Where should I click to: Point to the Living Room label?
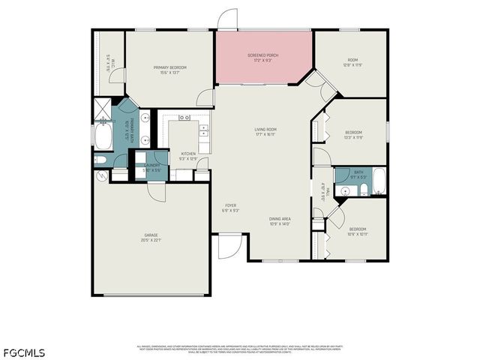tap(265, 132)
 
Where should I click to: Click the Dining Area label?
tap(280, 221)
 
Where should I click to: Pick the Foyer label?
tap(231, 208)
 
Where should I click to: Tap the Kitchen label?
tap(188, 156)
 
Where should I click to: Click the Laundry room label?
tap(151, 168)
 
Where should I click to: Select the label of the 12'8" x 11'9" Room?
tap(352, 62)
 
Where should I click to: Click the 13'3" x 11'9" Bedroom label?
tap(353, 135)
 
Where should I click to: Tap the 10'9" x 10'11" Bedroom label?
tap(357, 232)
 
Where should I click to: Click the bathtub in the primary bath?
tap(103, 137)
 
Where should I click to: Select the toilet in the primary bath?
tap(100, 160)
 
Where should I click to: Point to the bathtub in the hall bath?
tap(379, 181)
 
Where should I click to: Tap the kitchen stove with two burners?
tap(184, 118)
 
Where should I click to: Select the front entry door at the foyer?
tap(229, 246)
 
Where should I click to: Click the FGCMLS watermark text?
tap(24, 352)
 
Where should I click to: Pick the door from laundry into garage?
tap(156, 190)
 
